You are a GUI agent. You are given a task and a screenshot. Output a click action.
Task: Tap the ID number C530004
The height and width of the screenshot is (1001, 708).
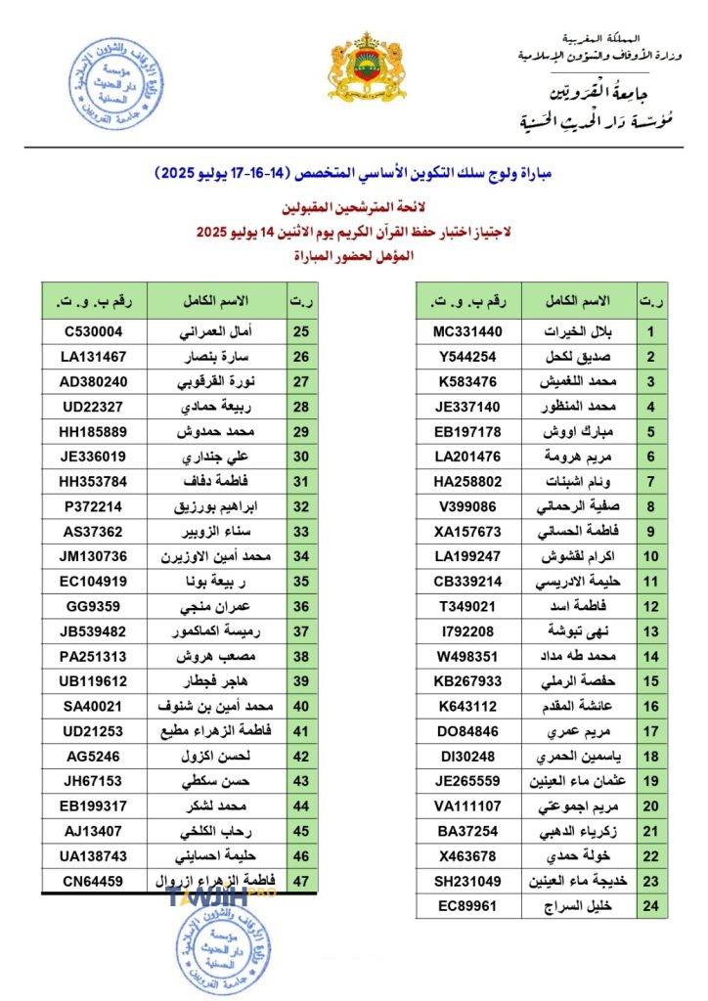[x=94, y=330]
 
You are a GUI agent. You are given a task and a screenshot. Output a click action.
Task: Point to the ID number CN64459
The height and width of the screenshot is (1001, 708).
[x=94, y=881]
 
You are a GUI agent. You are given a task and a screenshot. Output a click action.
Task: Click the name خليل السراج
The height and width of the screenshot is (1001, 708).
[x=579, y=906]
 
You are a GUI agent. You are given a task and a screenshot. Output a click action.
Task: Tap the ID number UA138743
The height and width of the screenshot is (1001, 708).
[x=94, y=856]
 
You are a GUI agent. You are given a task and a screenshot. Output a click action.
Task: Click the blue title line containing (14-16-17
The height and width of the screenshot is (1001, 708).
[x=354, y=173]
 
